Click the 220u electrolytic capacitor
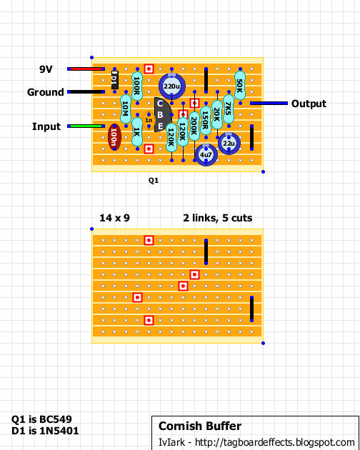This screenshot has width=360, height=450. click(x=172, y=86)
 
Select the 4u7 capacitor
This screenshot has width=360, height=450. click(x=206, y=155)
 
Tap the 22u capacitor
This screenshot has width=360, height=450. click(x=229, y=143)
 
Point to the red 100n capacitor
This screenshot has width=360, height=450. click(x=114, y=137)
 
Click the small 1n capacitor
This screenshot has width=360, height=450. click(x=149, y=120)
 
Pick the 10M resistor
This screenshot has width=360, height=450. click(x=126, y=109)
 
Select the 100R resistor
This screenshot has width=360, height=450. click(x=137, y=86)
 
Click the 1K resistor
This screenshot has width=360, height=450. click(x=137, y=131)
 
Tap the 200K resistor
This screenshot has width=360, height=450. click(x=194, y=126)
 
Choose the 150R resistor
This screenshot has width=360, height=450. click(x=206, y=120)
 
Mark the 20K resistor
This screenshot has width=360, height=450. click(x=217, y=114)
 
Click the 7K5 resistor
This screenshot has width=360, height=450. click(x=229, y=109)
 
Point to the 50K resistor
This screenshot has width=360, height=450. click(x=240, y=86)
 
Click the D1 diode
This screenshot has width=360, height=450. click(x=114, y=80)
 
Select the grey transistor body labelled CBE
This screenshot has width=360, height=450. click(x=161, y=114)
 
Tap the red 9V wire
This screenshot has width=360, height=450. click(x=86, y=69)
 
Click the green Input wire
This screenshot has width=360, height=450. click(x=86, y=126)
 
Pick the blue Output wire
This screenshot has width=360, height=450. click(x=269, y=103)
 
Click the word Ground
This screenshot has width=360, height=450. click(x=46, y=92)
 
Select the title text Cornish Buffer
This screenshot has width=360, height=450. click(x=200, y=426)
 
